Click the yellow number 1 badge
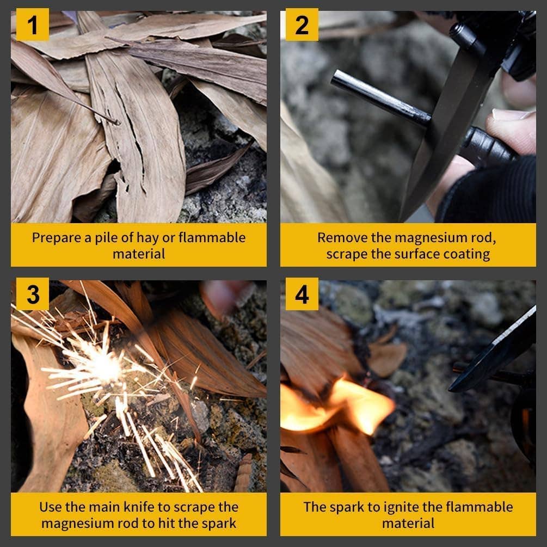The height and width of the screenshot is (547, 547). [x=33, y=25]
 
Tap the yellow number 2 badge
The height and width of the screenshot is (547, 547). [x=302, y=25]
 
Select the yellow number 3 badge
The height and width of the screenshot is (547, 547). [x=33, y=294]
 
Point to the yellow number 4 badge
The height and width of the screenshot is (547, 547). [x=302, y=294]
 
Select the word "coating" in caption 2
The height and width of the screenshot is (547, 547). [x=466, y=254]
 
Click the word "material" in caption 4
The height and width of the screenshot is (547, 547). [x=408, y=523]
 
